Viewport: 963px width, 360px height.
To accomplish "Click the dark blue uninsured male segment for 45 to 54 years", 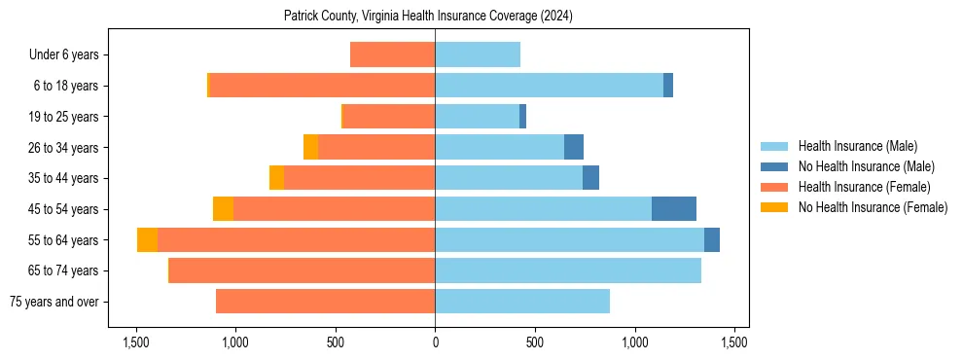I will [673, 209].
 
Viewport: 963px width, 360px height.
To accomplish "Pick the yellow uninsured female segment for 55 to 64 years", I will [147, 240].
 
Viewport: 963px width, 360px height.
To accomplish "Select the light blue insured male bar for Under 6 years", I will [478, 55].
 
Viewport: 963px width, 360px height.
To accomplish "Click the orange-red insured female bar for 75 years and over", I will [325, 302].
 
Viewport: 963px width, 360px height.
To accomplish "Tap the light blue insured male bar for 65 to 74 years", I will [568, 270].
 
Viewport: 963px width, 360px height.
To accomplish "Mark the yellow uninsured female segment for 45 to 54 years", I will [223, 209].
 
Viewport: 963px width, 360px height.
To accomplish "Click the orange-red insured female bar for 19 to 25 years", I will [389, 117].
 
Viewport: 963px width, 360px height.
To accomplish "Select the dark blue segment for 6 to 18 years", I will [668, 86].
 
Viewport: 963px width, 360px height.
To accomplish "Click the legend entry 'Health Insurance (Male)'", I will [857, 146].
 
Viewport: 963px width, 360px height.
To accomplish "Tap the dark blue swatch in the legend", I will [775, 166].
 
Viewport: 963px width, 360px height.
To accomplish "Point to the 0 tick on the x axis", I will [435, 342].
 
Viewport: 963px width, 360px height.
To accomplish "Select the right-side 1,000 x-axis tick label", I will [634, 342].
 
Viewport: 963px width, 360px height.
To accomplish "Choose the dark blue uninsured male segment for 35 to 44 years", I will [590, 178].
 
